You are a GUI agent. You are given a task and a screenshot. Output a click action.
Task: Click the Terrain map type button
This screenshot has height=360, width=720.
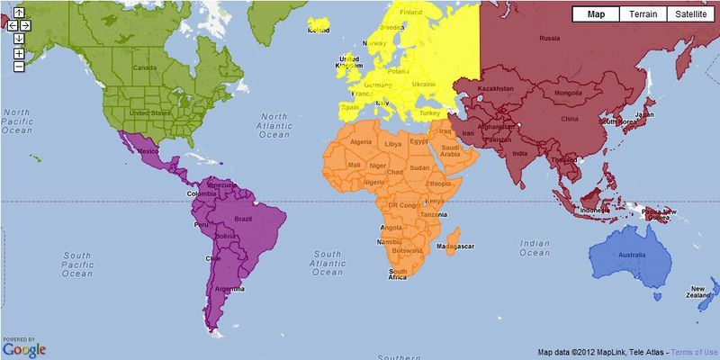coord(643,14)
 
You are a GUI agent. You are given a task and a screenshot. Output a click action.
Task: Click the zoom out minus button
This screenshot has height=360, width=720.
coord(19,67)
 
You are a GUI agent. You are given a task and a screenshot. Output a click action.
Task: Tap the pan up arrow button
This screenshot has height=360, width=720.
coord(19,12)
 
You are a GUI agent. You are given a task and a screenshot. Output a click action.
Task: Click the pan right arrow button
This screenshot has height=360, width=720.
coord(26,25)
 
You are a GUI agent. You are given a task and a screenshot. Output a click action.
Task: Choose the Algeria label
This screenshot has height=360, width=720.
coord(360,142)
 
